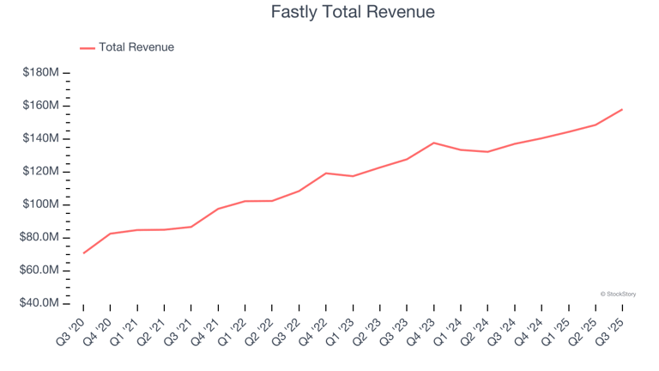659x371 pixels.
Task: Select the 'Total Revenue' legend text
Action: (x=136, y=47)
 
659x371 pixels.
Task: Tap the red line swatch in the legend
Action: (x=88, y=48)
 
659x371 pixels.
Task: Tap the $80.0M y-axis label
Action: (x=40, y=237)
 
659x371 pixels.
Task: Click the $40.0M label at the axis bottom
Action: (x=40, y=303)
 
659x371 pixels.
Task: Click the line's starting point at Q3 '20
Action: (x=83, y=253)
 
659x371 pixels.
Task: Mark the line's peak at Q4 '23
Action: (x=433, y=143)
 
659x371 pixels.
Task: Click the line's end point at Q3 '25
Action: (x=622, y=109)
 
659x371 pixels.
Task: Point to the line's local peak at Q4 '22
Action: (x=326, y=173)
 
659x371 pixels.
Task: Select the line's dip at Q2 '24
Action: (x=487, y=152)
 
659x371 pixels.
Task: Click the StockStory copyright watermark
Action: (x=618, y=294)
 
